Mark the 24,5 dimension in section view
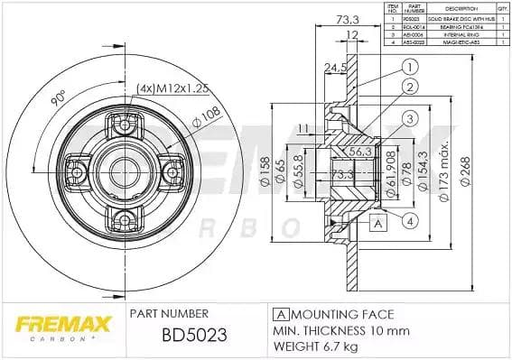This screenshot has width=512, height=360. click(x=337, y=67)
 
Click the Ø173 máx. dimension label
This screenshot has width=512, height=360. click(x=441, y=169)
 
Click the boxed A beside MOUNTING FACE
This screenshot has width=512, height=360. click(x=280, y=314)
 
